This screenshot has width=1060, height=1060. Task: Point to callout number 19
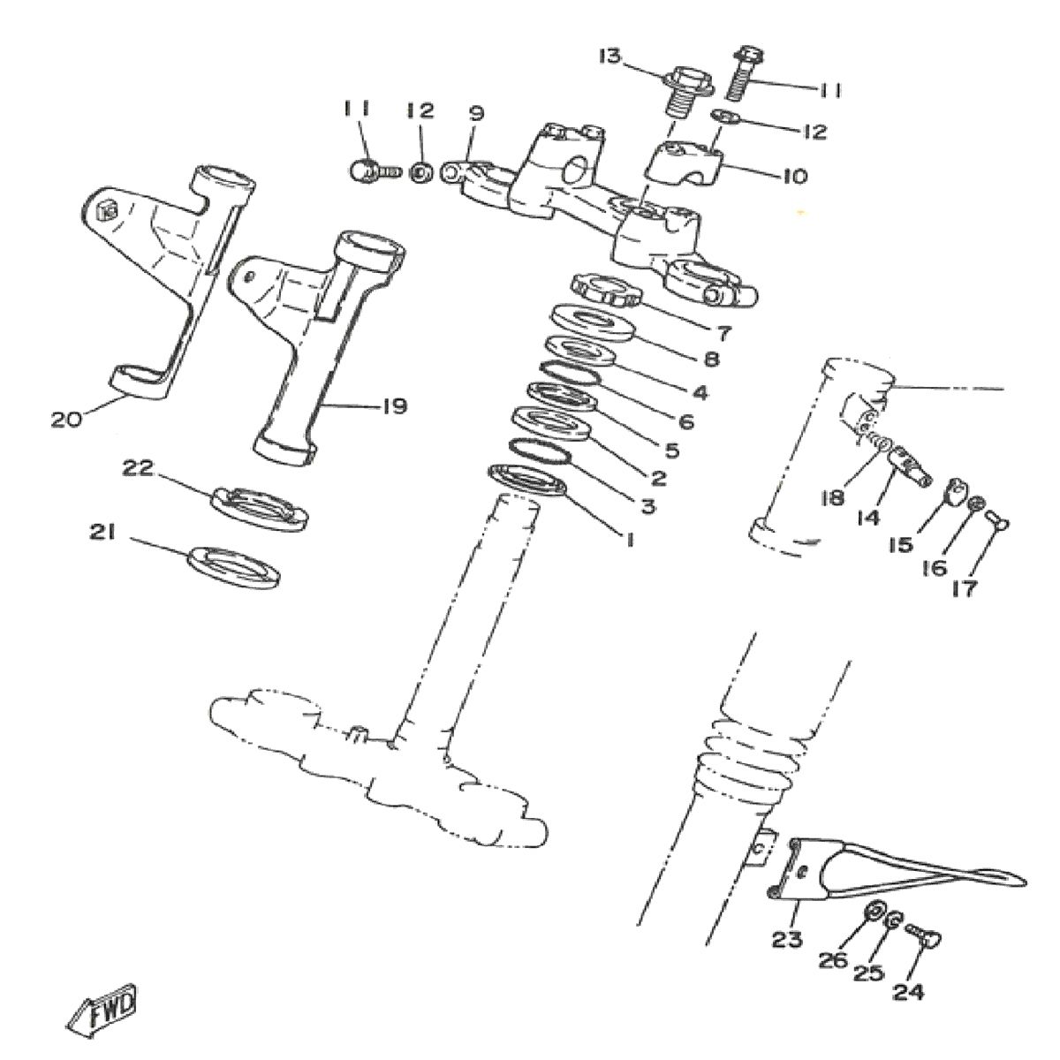point(392,406)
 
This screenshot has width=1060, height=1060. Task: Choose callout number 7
point(723,333)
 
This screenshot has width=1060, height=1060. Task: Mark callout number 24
point(907,992)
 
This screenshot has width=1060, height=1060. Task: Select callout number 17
point(965,587)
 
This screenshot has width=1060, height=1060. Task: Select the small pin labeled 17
point(996,520)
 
